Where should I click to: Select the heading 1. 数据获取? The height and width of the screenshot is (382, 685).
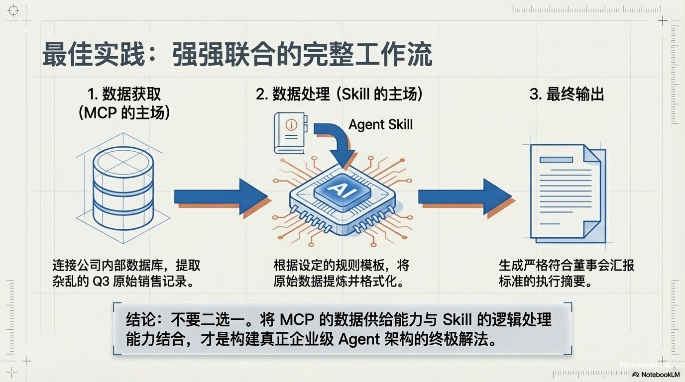[x=124, y=94]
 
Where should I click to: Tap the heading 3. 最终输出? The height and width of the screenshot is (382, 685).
[x=567, y=94]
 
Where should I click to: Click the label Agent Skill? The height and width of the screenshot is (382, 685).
[x=380, y=124]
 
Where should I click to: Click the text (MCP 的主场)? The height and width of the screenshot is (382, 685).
[x=124, y=113]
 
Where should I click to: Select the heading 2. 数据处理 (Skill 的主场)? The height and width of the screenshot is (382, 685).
[x=339, y=94]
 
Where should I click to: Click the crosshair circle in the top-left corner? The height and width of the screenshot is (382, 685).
[x=13, y=10]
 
